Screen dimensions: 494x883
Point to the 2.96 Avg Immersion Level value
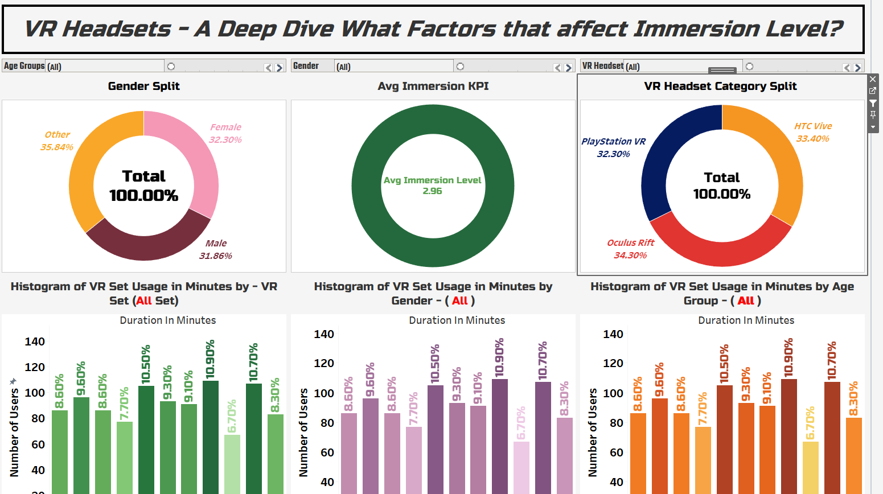click(432, 191)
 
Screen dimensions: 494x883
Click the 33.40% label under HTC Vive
click(812, 139)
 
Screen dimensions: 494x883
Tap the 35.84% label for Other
click(56, 147)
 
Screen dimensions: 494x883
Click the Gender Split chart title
click(143, 87)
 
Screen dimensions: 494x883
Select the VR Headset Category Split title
click(720, 87)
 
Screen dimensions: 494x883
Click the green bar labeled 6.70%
click(232, 464)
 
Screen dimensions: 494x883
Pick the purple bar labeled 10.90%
click(500, 435)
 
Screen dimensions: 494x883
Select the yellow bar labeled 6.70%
click(810, 467)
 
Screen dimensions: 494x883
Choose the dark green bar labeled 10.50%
click(146, 438)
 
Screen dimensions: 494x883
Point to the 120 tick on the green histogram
click(35, 367)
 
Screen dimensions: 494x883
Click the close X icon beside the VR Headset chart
click(873, 79)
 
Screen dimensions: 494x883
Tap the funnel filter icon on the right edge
click(873, 103)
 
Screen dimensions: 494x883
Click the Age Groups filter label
click(24, 66)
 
